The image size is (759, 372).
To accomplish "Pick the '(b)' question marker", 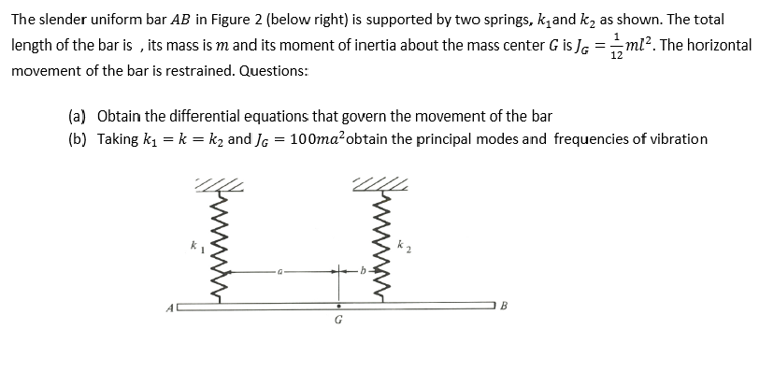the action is pos(78,139).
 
